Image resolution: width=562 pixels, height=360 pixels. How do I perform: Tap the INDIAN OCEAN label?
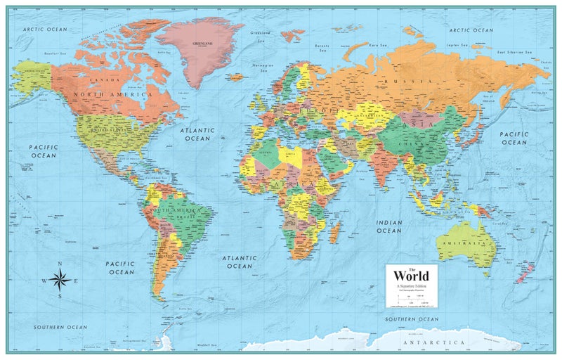pos(388,226)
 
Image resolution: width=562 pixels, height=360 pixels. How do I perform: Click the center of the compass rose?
pos(60,281)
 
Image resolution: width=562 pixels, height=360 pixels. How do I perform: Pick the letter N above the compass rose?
pos(60,264)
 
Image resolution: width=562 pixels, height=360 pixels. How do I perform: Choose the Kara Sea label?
pos(379,44)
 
